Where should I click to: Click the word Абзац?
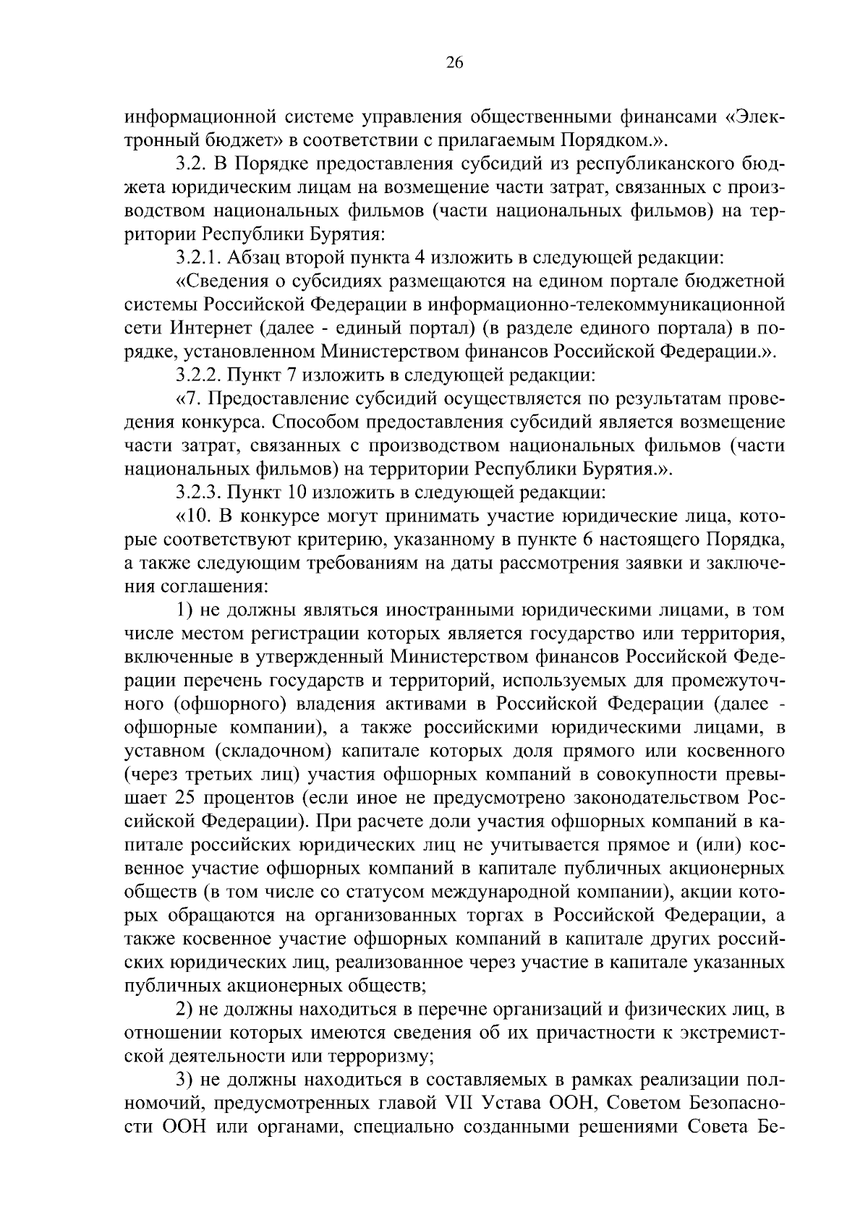pos(255,257)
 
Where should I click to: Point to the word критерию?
pos(372,540)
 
